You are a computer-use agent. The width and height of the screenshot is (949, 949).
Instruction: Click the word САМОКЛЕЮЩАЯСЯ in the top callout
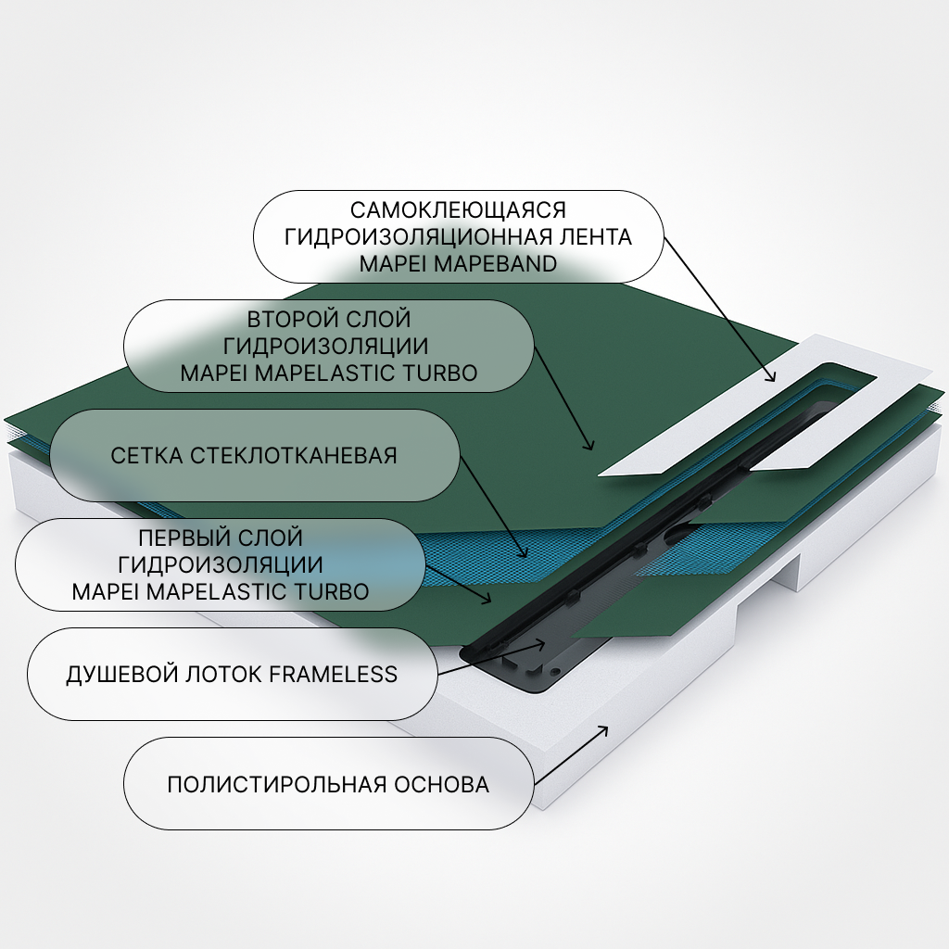458,210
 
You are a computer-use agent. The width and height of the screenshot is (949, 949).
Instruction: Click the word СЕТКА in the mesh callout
146,456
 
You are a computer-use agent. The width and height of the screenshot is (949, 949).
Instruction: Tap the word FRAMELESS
333,674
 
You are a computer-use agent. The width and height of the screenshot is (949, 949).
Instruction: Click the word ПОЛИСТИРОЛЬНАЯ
275,785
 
